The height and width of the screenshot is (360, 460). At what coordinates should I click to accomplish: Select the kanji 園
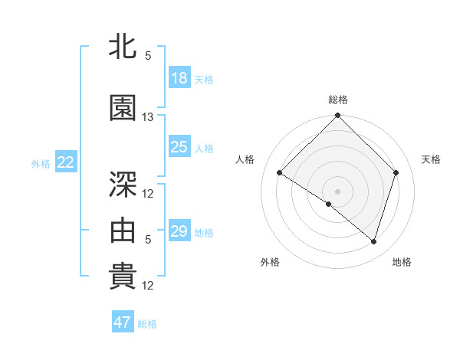[123, 108]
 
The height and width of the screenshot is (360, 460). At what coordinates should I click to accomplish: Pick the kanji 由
[123, 227]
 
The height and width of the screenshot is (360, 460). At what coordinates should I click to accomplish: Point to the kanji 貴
[123, 277]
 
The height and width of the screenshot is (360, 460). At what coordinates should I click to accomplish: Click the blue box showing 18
[179, 78]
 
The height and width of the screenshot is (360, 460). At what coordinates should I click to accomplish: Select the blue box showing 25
[179, 147]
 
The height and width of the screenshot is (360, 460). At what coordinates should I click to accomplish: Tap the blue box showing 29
[179, 231]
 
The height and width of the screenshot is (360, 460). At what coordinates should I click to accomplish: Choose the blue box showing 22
[66, 162]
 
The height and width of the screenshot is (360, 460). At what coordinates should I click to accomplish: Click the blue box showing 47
[123, 322]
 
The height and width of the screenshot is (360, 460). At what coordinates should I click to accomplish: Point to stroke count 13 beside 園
[148, 117]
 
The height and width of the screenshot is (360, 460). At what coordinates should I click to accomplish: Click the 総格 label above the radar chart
[338, 100]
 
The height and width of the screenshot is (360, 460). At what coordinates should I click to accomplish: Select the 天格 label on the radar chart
[432, 159]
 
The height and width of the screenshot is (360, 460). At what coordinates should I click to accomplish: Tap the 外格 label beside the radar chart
[270, 262]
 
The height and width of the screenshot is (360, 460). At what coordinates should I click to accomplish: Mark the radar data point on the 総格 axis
[337, 116]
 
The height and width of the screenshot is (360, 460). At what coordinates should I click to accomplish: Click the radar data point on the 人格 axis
[280, 173]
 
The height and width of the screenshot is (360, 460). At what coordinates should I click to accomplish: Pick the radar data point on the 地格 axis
[373, 241]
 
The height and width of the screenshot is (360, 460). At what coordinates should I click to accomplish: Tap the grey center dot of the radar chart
[337, 191]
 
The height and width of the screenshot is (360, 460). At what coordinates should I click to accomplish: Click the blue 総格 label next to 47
[147, 324]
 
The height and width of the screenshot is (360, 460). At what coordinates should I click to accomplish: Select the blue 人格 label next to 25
[204, 149]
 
